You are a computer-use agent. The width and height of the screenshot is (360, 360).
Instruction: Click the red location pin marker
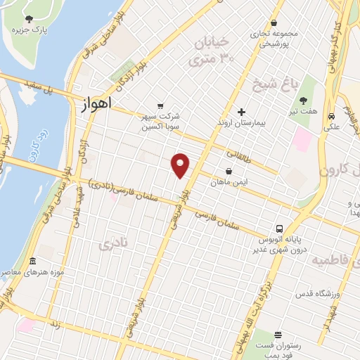coord(181,165)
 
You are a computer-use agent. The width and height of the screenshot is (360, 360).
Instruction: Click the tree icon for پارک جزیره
coord(28,19)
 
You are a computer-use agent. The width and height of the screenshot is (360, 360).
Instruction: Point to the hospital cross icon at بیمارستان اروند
coord(241,112)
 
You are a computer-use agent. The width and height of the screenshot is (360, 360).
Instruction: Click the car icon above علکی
coord(330,117)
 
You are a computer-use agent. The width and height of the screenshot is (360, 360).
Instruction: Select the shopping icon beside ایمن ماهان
coord(229,171)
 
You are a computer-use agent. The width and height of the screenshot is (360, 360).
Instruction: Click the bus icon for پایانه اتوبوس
coord(279,229)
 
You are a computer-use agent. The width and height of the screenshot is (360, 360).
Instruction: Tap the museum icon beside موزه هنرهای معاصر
coord(32,262)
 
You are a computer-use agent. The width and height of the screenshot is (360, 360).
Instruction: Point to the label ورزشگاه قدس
coord(302,292)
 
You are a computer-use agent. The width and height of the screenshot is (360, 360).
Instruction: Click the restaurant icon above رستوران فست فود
coord(278,335)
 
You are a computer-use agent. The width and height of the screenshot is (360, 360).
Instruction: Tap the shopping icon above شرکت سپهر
coord(162,105)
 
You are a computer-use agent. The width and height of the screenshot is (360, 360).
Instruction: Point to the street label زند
coord(54,325)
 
